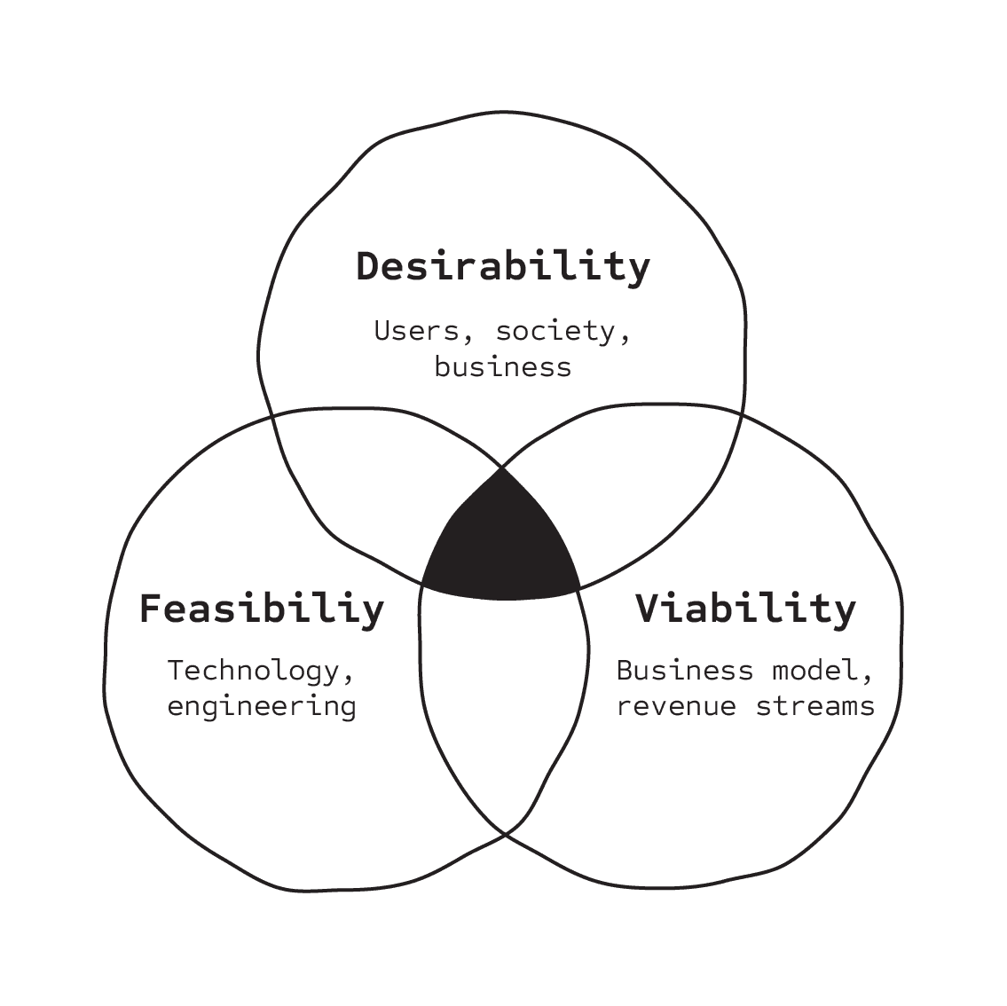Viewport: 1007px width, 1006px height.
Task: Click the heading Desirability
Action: pos(503,267)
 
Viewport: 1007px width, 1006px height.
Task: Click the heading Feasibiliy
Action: pos(261,610)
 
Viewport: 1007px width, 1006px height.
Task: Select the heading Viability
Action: pos(745,609)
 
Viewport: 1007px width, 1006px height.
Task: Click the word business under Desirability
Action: pos(502,366)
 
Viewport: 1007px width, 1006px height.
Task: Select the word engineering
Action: pos(261,706)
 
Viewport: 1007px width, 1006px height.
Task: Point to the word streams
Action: pos(814,706)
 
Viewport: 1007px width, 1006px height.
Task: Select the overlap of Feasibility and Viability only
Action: pos(503,701)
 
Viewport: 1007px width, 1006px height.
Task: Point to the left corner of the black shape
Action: pos(423,583)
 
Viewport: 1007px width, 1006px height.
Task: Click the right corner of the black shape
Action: pos(579,586)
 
